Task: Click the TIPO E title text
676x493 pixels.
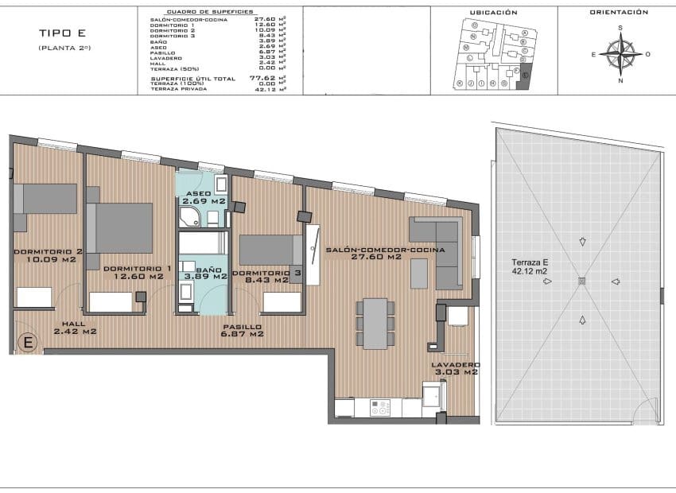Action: coord(62,33)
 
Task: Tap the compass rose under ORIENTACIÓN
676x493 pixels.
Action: coord(620,54)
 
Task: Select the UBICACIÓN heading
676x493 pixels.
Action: coord(493,13)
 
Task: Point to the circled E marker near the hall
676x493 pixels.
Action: coord(29,343)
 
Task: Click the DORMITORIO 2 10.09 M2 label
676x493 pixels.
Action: coord(45,255)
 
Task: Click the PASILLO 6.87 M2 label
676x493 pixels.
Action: coord(242,331)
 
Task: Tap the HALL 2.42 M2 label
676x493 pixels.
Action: coord(75,328)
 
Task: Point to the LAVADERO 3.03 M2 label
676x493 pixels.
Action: coord(454,368)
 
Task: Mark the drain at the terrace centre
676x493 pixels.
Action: coord(582,280)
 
